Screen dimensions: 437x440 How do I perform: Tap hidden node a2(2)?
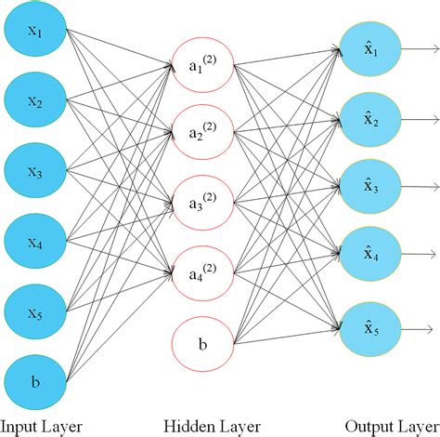pyautogui.click(x=203, y=134)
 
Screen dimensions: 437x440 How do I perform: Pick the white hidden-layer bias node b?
pyautogui.click(x=203, y=344)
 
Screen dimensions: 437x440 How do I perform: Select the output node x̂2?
pyautogui.click(x=370, y=115)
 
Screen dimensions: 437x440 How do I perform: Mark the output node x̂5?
pyautogui.click(x=370, y=326)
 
